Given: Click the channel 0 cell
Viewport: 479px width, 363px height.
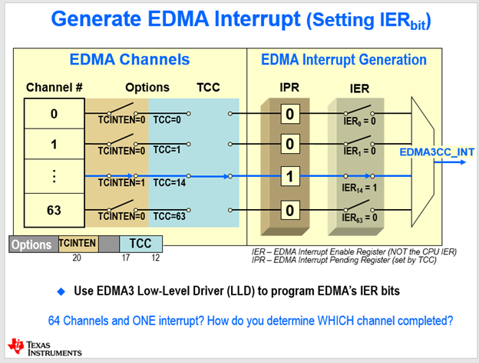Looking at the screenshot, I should (54, 114).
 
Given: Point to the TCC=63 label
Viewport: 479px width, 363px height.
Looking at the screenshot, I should (170, 216).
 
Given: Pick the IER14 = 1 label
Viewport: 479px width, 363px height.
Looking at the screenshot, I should (360, 186).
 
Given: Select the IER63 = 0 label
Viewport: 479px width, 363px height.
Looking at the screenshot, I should (360, 218).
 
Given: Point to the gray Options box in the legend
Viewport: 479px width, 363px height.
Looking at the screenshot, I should (32, 245).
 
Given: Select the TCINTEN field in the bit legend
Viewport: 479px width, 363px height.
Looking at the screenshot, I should (78, 243).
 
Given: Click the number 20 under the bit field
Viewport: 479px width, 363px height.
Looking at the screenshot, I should (77, 258).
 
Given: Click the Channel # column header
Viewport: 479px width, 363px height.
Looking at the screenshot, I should (55, 87).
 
